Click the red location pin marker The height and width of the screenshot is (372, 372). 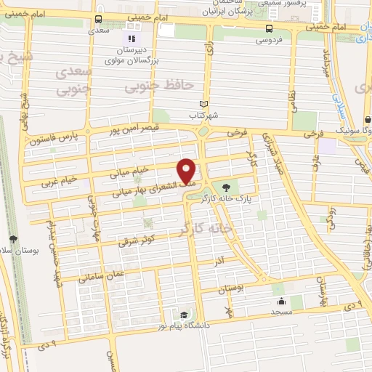187,170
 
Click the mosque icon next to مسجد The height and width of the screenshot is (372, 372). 280,300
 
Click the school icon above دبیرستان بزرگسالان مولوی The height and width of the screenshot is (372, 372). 132,39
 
